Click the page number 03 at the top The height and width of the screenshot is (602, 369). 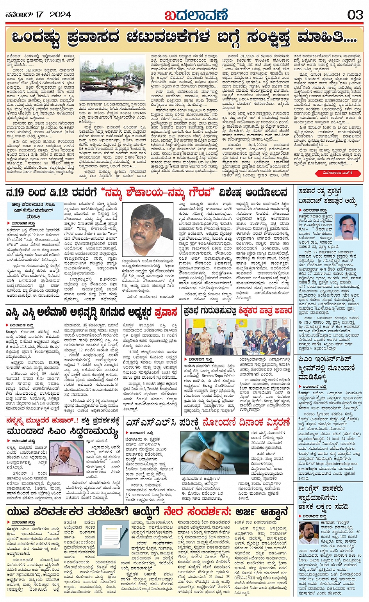tap(355, 15)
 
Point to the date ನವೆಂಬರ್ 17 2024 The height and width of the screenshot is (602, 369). tap(38, 15)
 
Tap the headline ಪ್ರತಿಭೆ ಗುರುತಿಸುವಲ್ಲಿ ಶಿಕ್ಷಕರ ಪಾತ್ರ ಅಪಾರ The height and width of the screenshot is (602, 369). tap(238, 311)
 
